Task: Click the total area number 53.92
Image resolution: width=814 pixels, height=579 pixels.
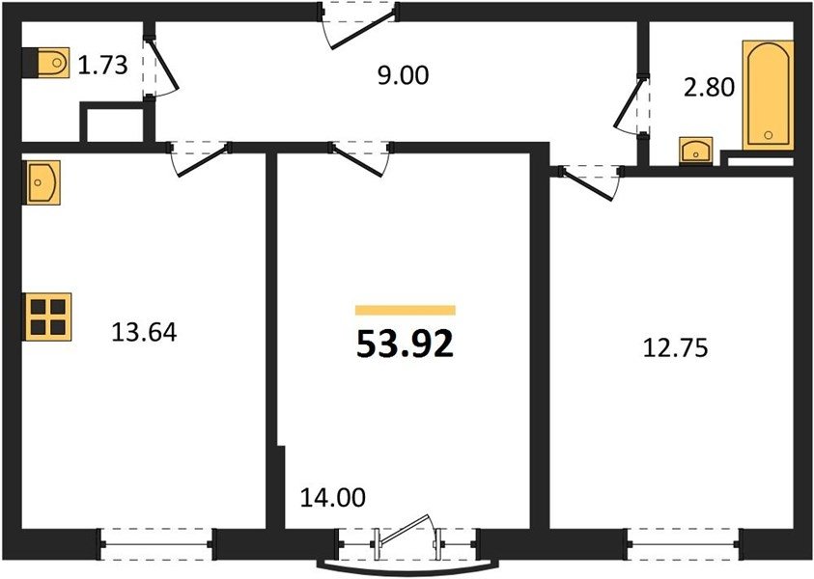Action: point(405,344)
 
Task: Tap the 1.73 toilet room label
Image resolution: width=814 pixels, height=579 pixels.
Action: point(102,66)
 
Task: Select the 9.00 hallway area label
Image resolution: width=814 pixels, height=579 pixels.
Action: point(403,75)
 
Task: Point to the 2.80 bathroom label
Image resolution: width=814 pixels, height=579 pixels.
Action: point(709,87)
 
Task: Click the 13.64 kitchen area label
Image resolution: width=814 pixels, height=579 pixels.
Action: point(144,332)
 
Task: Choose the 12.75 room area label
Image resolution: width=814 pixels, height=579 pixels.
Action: point(675,347)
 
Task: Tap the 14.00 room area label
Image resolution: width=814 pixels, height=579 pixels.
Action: point(333,498)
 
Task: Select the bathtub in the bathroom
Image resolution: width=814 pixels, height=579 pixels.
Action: point(768,96)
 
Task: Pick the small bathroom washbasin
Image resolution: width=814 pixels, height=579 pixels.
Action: point(695,151)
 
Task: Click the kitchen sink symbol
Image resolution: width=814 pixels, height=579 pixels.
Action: point(41,182)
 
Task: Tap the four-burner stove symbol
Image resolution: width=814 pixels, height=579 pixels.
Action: point(47,317)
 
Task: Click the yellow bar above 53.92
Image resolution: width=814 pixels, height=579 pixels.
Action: point(405,311)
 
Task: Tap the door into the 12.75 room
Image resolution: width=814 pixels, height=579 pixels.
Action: point(590,183)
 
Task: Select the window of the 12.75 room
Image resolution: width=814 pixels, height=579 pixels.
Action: point(684,544)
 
